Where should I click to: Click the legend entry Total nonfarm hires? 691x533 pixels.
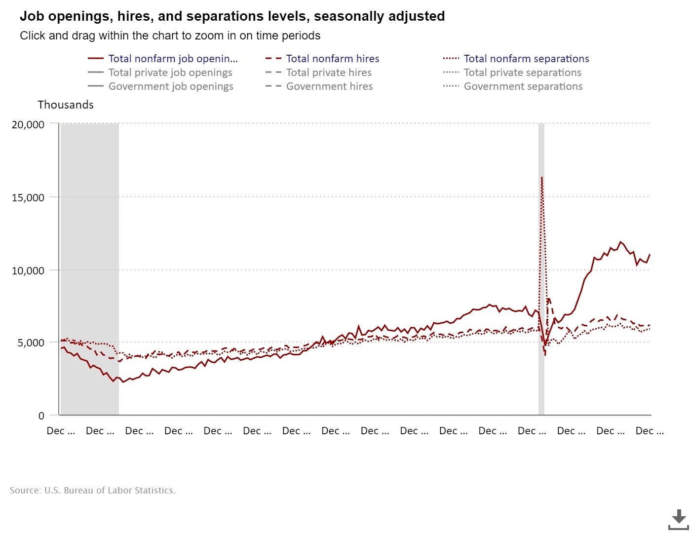click(332, 59)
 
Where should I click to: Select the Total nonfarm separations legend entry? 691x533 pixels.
click(526, 59)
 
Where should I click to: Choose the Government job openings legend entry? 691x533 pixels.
click(171, 86)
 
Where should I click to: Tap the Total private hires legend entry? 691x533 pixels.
click(329, 73)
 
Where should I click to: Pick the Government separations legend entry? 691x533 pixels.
click(523, 86)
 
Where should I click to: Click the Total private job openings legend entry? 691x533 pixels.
click(170, 73)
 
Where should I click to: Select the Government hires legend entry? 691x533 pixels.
click(329, 86)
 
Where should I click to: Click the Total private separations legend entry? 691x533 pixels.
click(522, 73)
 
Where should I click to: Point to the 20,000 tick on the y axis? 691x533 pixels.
click(28, 124)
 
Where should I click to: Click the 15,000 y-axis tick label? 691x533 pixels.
click(28, 197)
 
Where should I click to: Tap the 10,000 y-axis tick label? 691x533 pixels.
click(28, 270)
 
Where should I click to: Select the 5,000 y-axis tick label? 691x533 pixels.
click(31, 343)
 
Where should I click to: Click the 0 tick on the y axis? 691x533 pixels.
click(41, 416)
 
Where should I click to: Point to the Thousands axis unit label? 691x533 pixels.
click(66, 105)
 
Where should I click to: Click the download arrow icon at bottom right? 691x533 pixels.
click(679, 519)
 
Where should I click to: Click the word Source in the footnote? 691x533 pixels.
click(24, 490)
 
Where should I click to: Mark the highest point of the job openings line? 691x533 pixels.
click(620, 242)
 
